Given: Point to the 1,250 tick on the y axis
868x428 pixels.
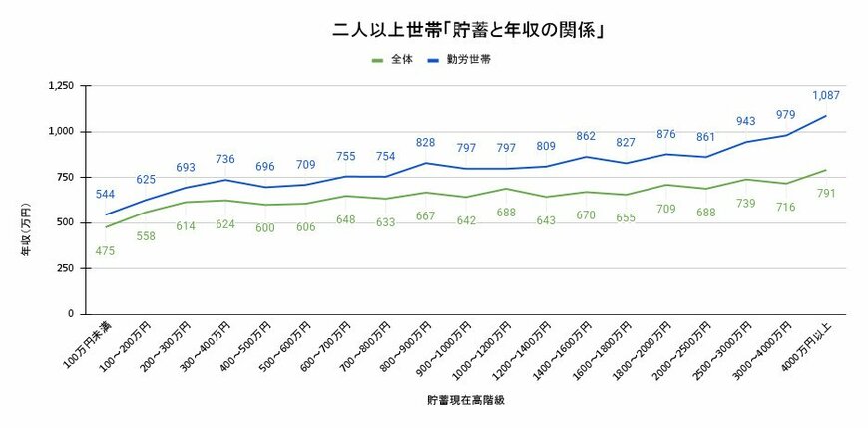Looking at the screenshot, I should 61,86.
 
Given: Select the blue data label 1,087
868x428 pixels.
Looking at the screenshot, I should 826,96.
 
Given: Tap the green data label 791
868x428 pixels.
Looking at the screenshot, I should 826,193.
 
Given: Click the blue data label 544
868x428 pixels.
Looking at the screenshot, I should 106,194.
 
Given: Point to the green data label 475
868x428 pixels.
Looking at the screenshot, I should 106,250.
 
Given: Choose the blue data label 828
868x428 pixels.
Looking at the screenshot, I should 426,143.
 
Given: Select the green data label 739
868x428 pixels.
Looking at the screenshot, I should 745,203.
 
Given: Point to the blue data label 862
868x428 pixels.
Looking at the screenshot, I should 587,137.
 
